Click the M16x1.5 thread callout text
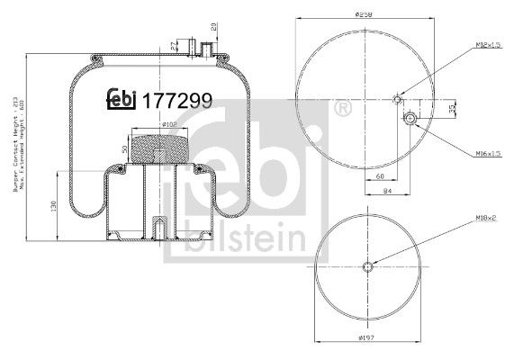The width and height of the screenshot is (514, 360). [486, 155]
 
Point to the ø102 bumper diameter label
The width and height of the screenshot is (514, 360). [148, 124]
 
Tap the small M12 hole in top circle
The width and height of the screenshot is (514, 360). [397, 100]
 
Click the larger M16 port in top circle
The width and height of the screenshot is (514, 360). [410, 118]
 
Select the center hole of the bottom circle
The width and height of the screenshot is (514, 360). [367, 265]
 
